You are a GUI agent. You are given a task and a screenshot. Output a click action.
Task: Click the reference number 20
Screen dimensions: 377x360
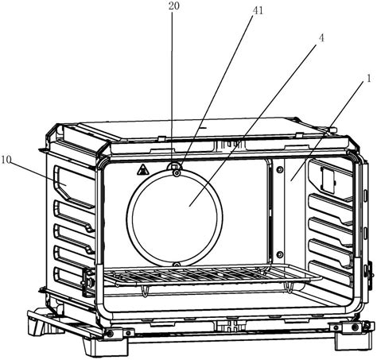point(174,6)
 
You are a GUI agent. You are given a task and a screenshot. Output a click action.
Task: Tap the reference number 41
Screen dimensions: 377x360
point(258,10)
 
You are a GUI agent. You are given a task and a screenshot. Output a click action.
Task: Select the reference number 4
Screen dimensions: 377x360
point(321,38)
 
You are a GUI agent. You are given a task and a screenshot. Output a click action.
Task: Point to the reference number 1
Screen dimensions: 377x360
point(369,79)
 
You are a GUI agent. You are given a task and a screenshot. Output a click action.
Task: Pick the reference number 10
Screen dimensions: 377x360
point(6,160)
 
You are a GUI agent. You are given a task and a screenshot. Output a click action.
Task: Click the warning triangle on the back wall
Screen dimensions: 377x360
point(142,169)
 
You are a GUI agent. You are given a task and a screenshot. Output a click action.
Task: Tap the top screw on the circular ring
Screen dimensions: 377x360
point(177,173)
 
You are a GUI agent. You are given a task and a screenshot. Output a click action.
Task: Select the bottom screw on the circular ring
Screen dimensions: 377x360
point(177,265)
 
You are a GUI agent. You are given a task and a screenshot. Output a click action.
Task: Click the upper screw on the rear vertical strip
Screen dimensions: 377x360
point(279,169)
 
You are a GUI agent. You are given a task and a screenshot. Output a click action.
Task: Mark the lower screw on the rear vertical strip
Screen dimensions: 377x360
point(279,254)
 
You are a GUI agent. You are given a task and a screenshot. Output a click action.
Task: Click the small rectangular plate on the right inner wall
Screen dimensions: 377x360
point(328,180)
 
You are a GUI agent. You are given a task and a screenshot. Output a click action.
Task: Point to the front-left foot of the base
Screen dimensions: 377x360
point(105,344)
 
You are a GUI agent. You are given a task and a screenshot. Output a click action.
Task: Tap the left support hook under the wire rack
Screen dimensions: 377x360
point(144,291)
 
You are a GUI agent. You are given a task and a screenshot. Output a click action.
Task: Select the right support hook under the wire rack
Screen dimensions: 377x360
point(289,288)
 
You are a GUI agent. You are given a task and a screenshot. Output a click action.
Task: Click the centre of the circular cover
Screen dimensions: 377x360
point(174,218)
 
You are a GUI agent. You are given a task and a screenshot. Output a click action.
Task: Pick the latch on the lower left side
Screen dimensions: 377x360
point(88,281)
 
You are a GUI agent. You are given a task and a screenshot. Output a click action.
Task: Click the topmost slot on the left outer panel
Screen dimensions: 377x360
point(73,184)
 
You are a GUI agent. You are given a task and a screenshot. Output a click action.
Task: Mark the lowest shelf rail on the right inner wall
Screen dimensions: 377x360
point(330,273)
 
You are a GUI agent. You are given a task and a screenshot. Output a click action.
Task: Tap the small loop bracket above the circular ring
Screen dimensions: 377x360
point(174,166)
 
